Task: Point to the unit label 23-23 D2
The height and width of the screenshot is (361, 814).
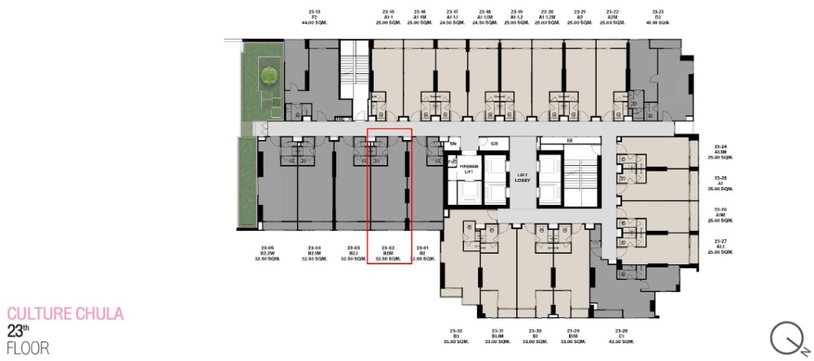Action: (x=658, y=17)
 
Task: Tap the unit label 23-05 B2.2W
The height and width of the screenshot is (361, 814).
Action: (x=269, y=253)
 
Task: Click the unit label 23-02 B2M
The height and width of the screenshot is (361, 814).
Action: (x=388, y=253)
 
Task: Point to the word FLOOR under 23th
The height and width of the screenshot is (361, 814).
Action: (x=28, y=348)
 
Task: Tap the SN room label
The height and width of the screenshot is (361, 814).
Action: (x=453, y=144)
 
